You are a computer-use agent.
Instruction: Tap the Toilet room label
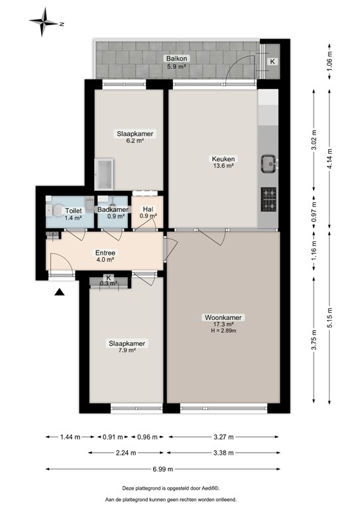pos(73,210)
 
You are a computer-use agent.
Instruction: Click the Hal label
pos(148,210)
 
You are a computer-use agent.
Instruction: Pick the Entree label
pos(105,253)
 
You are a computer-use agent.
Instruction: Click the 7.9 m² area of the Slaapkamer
pos(127,351)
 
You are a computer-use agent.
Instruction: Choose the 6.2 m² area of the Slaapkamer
pos(135,141)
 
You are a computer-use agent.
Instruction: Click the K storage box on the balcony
pos(272,62)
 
